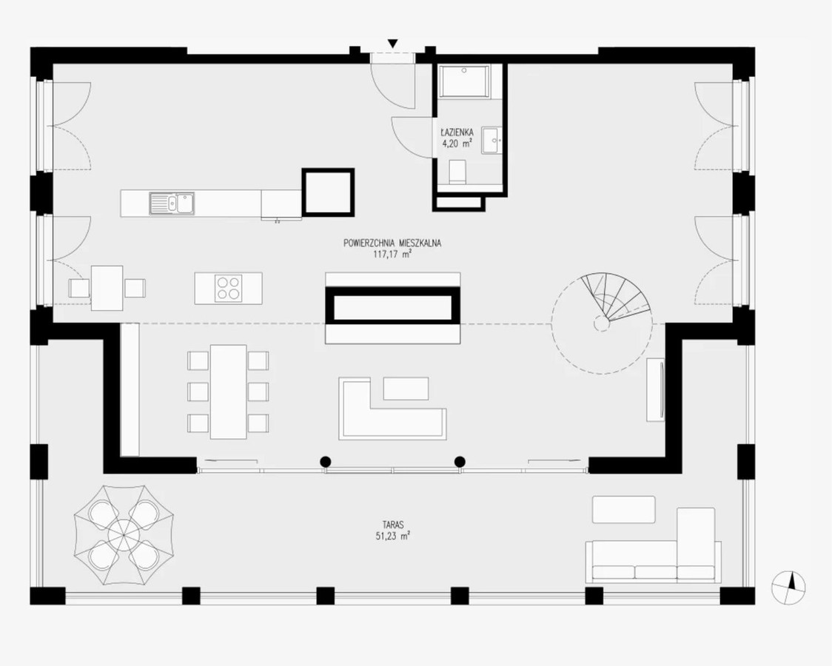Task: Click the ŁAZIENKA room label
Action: coord(456,132)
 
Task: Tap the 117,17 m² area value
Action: coord(392,254)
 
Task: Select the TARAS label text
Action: coord(392,525)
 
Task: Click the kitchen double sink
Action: coord(172,203)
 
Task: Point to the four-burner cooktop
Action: coord(229,288)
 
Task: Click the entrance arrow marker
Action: coord(392,44)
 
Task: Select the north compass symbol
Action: coord(789,587)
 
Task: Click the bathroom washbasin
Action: coord(492,141)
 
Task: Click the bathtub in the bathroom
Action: coord(464,81)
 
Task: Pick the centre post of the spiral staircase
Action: coord(601,322)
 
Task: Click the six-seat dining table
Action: coord(228,392)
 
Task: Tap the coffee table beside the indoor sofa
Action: coord(406,388)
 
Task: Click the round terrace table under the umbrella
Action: coord(123,535)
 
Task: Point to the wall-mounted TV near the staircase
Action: coord(656,389)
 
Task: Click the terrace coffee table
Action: coord(623,509)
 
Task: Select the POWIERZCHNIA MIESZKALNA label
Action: coord(392,243)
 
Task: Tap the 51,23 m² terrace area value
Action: coord(392,536)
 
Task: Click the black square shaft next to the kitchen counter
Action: coord(328,192)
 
